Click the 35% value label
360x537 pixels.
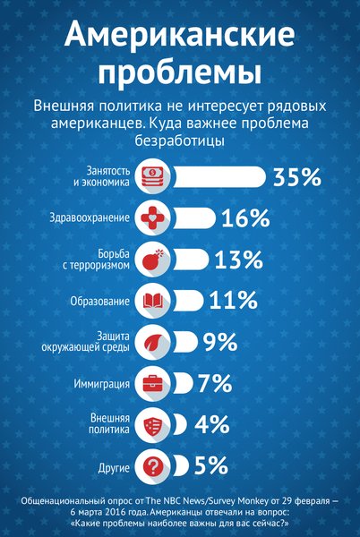[x=297, y=176]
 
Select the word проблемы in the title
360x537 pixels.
[x=180, y=71]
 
